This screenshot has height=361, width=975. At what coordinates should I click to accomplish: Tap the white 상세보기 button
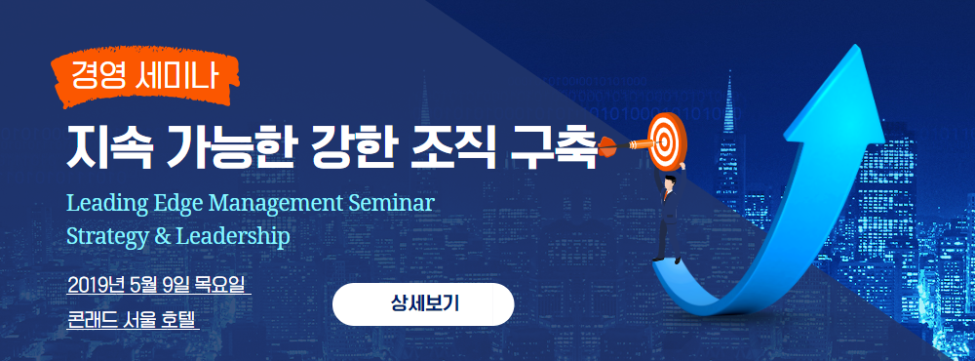(423, 303)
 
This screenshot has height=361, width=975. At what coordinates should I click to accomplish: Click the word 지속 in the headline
(109, 147)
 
